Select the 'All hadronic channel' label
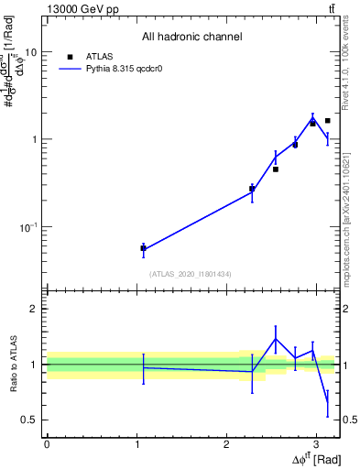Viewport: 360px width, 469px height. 191,37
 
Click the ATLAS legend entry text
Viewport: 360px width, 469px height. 99,56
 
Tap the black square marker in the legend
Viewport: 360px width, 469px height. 70,56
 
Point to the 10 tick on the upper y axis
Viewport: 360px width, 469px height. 30,52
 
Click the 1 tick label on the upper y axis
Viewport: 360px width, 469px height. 34,139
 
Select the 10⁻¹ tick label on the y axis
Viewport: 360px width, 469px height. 28,226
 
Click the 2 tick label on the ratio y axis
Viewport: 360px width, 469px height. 34,310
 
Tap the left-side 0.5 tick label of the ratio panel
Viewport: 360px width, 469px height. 30,420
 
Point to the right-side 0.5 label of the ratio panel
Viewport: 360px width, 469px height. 350,420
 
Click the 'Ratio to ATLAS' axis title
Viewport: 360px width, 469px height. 12,364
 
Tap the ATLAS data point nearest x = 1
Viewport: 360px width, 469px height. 143,248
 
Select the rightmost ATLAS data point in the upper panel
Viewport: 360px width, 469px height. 327,120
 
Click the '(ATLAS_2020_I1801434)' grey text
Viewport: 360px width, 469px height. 191,274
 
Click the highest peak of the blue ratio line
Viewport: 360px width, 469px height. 275,339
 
